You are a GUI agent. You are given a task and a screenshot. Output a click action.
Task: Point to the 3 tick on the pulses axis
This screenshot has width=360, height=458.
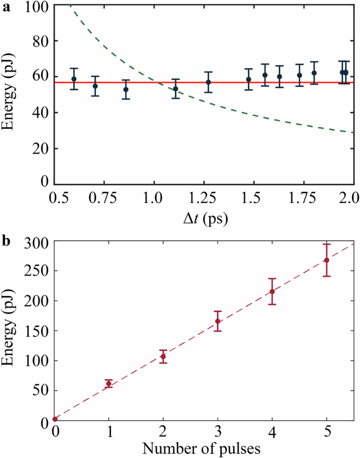[218, 432]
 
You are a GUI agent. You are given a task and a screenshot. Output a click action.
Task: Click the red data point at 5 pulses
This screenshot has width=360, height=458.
[326, 260]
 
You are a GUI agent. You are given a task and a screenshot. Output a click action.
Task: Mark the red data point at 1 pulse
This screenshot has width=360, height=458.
[109, 384]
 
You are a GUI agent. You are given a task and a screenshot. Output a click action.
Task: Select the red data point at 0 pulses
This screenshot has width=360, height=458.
[55, 419]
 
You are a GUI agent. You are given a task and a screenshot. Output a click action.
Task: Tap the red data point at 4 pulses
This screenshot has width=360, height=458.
[272, 291]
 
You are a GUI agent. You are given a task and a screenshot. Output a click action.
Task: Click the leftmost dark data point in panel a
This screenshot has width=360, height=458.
[74, 79]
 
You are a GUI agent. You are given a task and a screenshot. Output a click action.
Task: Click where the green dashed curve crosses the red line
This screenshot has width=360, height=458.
[158, 83]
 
